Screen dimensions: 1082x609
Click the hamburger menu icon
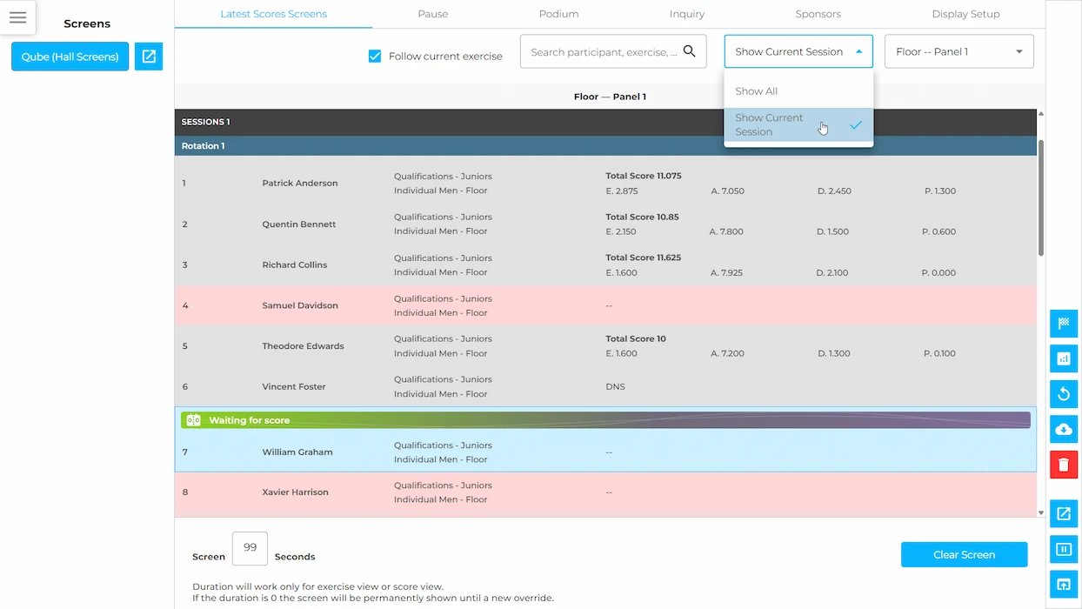click(x=18, y=17)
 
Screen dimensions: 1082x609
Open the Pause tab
click(x=433, y=14)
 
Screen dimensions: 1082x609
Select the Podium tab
click(x=559, y=14)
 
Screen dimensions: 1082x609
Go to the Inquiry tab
click(x=687, y=14)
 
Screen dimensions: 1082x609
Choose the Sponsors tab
click(x=818, y=14)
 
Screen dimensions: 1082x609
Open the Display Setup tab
click(x=965, y=14)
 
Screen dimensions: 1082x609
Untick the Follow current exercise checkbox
click(x=375, y=56)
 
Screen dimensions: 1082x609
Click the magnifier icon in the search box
click(x=689, y=50)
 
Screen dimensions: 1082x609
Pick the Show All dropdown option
click(x=757, y=90)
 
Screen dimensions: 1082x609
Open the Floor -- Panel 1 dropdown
click(x=958, y=51)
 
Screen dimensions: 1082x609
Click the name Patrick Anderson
click(x=300, y=184)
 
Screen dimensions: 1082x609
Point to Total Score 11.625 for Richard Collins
click(x=644, y=258)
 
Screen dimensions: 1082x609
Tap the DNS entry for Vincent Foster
click(x=615, y=386)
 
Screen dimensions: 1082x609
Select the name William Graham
click(x=297, y=452)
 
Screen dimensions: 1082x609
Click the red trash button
click(x=1064, y=465)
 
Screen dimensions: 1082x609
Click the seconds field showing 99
click(x=250, y=548)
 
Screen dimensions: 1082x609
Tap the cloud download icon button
click(x=1064, y=429)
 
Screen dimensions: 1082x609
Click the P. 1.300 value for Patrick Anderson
click(x=940, y=191)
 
